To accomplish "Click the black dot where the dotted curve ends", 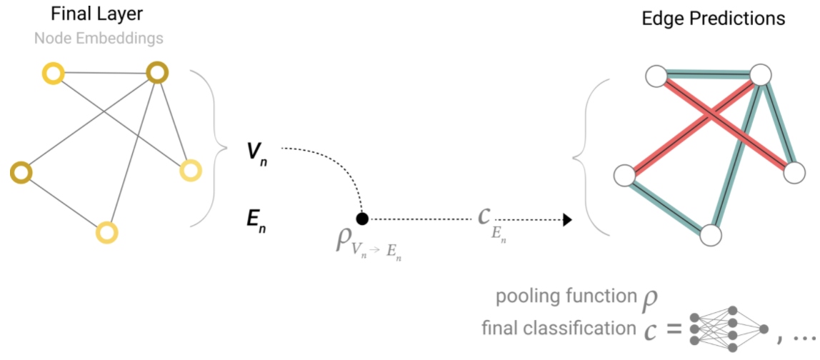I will coord(362,219).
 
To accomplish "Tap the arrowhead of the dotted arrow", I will coord(567,219).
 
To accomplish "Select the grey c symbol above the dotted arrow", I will coord(485,214).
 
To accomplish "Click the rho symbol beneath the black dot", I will coord(342,239).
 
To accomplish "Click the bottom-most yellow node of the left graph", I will coord(106,232).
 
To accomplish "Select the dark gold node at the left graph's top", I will coord(157,72).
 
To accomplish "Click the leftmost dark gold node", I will coord(21,171).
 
